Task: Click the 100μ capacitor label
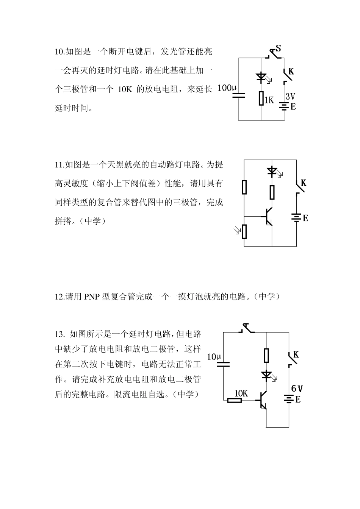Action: [227, 88]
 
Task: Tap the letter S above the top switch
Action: [278, 48]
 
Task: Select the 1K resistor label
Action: [269, 100]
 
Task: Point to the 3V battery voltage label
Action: [290, 97]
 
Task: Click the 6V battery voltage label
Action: [297, 389]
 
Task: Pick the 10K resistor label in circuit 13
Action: [241, 393]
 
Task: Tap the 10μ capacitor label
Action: [214, 357]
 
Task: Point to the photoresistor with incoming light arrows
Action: [244, 231]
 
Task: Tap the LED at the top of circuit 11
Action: [272, 171]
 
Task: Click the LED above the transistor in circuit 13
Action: [267, 375]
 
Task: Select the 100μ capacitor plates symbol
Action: [238, 95]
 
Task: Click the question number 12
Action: [60, 297]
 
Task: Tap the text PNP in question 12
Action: [92, 297]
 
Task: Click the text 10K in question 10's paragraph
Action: [125, 89]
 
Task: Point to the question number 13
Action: [60, 334]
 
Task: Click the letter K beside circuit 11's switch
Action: [303, 183]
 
